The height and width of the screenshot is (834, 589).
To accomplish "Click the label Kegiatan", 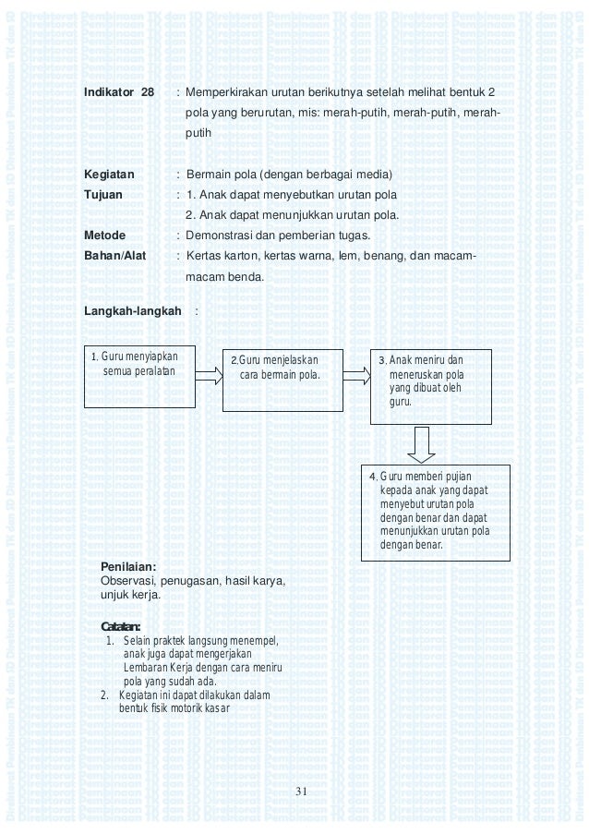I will [x=110, y=175].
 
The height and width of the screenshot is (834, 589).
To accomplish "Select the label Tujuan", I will [x=105, y=195].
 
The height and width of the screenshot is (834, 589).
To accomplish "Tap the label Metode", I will [x=104, y=236].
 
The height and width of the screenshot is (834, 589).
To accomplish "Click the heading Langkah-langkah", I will [x=133, y=311].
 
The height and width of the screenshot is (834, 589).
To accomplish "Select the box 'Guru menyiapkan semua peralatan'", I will [x=139, y=378].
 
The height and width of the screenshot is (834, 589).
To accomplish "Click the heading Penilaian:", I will [x=127, y=565].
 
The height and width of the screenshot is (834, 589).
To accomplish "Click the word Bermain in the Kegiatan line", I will [x=208, y=175].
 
